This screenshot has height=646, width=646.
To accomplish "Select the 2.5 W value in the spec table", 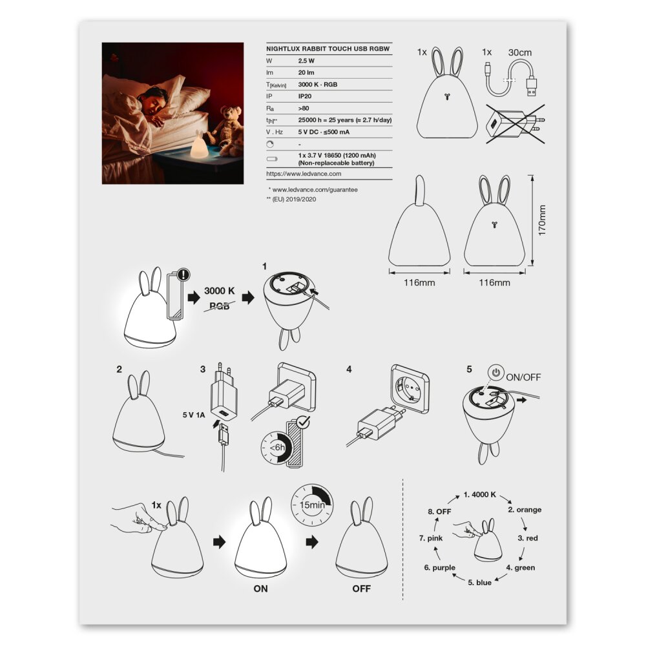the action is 306,61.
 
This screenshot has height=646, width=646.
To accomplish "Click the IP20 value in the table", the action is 305,96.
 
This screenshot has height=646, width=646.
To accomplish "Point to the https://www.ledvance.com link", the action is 304,174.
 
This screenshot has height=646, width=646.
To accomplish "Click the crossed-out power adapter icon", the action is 516,124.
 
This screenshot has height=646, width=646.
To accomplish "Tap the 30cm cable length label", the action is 520,53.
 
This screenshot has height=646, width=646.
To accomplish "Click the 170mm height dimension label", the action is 542,220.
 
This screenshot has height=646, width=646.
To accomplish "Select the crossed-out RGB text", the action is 219,306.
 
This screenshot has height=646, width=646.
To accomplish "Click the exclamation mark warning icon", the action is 183,275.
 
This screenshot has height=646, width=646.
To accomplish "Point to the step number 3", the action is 203,369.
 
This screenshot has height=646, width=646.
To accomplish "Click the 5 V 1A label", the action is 194,415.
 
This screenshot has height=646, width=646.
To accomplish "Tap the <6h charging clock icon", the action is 276,448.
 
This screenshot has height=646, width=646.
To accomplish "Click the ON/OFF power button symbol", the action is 496,373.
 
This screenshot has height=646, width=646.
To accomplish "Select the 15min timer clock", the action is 312,505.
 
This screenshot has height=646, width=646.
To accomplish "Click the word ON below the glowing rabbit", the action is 261,589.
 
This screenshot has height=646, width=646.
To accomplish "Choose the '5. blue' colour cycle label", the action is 479,583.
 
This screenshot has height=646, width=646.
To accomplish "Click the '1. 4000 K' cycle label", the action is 480,494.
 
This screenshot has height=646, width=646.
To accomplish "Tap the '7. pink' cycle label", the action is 431,538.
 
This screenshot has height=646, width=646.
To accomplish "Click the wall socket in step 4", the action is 410,388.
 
